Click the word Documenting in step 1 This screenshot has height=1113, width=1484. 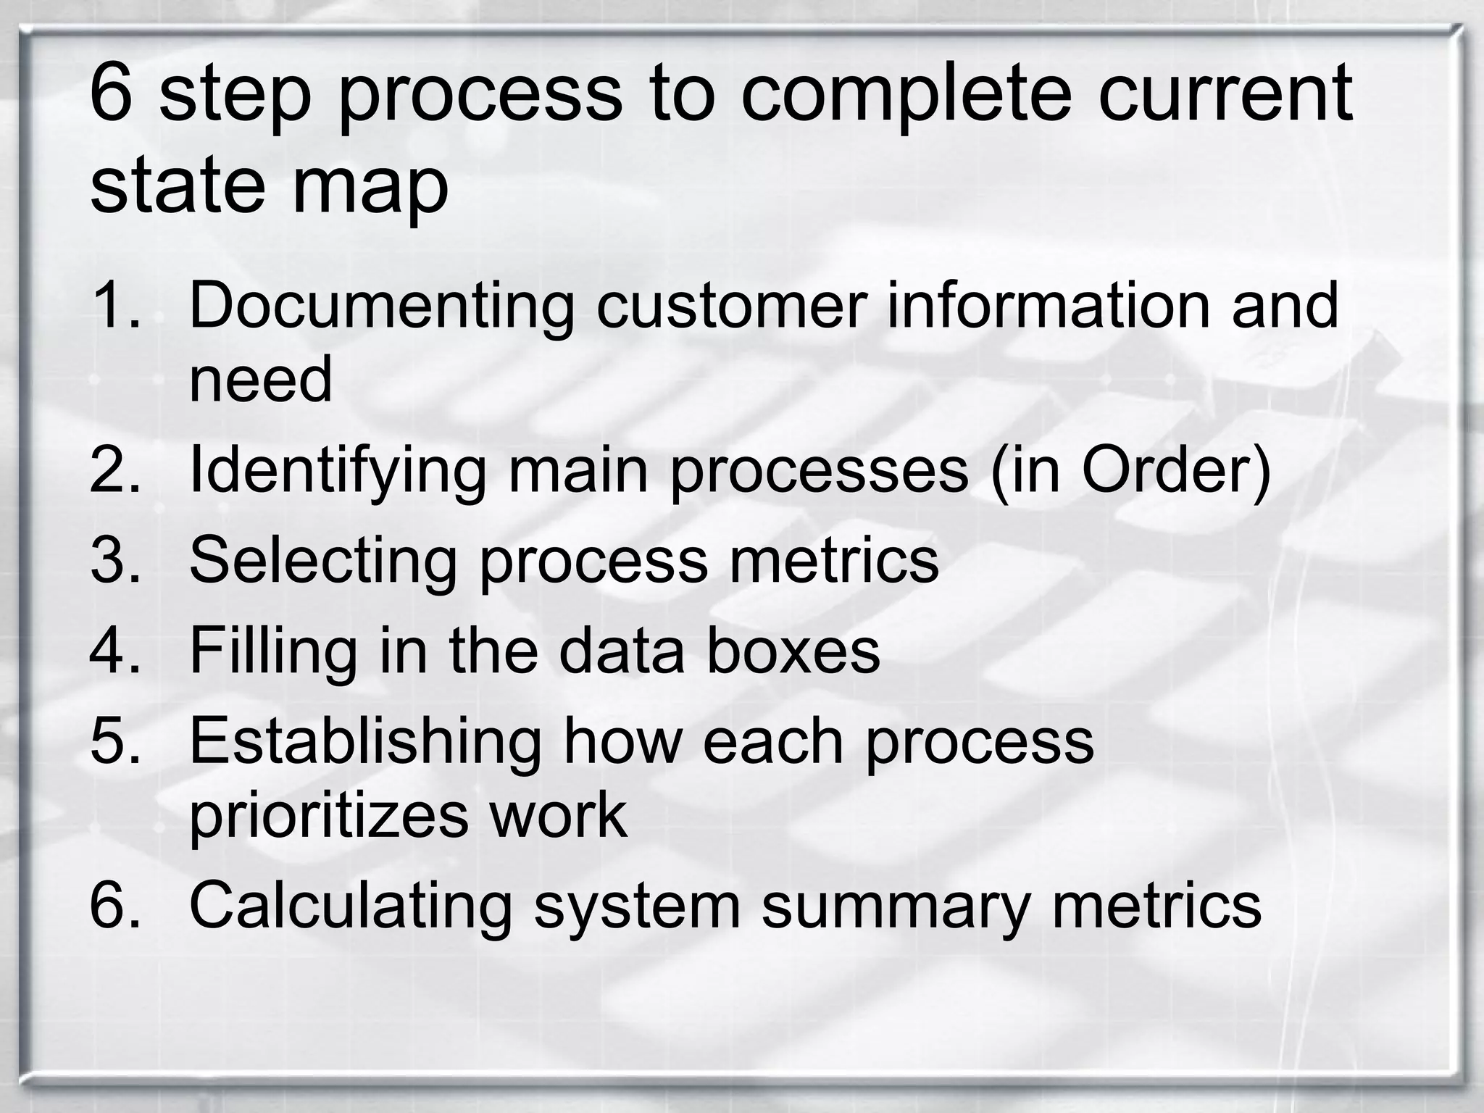coord(381,306)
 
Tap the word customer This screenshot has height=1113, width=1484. coord(731,306)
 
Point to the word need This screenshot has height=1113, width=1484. coord(260,380)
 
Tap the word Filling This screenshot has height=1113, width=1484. coord(273,651)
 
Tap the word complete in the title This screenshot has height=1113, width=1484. coord(906,94)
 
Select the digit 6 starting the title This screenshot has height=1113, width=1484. coord(111,93)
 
